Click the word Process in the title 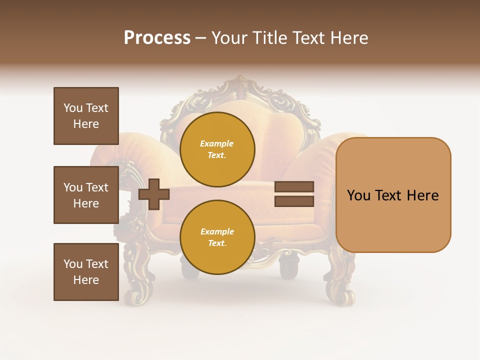pos(157,37)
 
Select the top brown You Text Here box pos(86,116)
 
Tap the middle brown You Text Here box pos(86,195)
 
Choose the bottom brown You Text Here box pos(86,271)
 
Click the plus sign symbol pos(154,193)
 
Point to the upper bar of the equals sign pos(294,186)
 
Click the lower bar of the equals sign pos(294,201)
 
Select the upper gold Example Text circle pos(217,149)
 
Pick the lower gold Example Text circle pos(217,237)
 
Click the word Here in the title pos(348,38)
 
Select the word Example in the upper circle pos(217,143)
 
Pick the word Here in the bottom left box pos(86,280)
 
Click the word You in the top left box pos(73,108)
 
